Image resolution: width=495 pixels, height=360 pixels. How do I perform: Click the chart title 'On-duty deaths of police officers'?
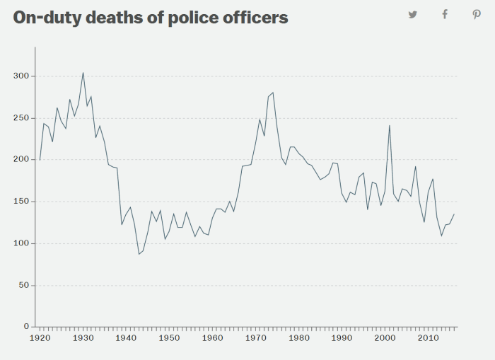[x=151, y=18]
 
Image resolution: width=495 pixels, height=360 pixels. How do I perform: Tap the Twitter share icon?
[x=412, y=15]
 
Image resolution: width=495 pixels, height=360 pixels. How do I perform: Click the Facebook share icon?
[x=445, y=15]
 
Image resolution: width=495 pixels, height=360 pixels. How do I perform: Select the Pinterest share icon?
[x=477, y=15]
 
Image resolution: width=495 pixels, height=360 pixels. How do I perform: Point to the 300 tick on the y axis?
[x=21, y=76]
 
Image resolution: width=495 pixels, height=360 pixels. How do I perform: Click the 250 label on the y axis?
[x=21, y=118]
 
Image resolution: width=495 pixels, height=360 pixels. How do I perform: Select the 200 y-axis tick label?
[x=21, y=160]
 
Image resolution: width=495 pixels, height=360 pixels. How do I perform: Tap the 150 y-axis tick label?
[x=21, y=202]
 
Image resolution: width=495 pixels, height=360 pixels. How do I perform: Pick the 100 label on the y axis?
[x=21, y=243]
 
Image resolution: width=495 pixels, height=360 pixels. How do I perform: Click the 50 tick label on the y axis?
[x=23, y=285]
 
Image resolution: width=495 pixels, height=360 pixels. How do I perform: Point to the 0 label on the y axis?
[x=25, y=327]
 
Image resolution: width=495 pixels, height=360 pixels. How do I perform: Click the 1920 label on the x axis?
[x=40, y=339]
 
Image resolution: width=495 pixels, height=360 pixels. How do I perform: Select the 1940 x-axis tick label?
[x=126, y=339]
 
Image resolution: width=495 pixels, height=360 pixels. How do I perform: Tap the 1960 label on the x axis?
[x=212, y=339]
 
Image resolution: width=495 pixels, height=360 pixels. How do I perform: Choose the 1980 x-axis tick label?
[x=298, y=339]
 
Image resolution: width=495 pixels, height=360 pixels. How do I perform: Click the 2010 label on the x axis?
[x=428, y=339]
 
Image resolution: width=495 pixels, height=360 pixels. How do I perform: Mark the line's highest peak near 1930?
[x=83, y=72]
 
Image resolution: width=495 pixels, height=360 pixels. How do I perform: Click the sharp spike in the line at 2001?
[x=390, y=125]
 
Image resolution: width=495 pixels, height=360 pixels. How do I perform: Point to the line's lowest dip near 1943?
[x=139, y=254]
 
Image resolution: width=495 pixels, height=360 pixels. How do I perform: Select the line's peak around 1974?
[x=273, y=93]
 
